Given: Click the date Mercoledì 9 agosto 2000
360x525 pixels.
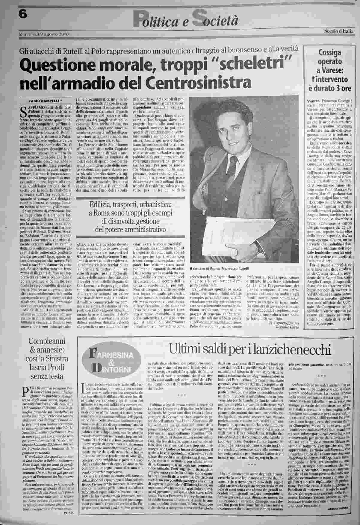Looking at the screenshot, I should (x=44, y=34).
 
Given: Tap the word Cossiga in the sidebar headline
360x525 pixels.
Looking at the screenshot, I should (x=329, y=53).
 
